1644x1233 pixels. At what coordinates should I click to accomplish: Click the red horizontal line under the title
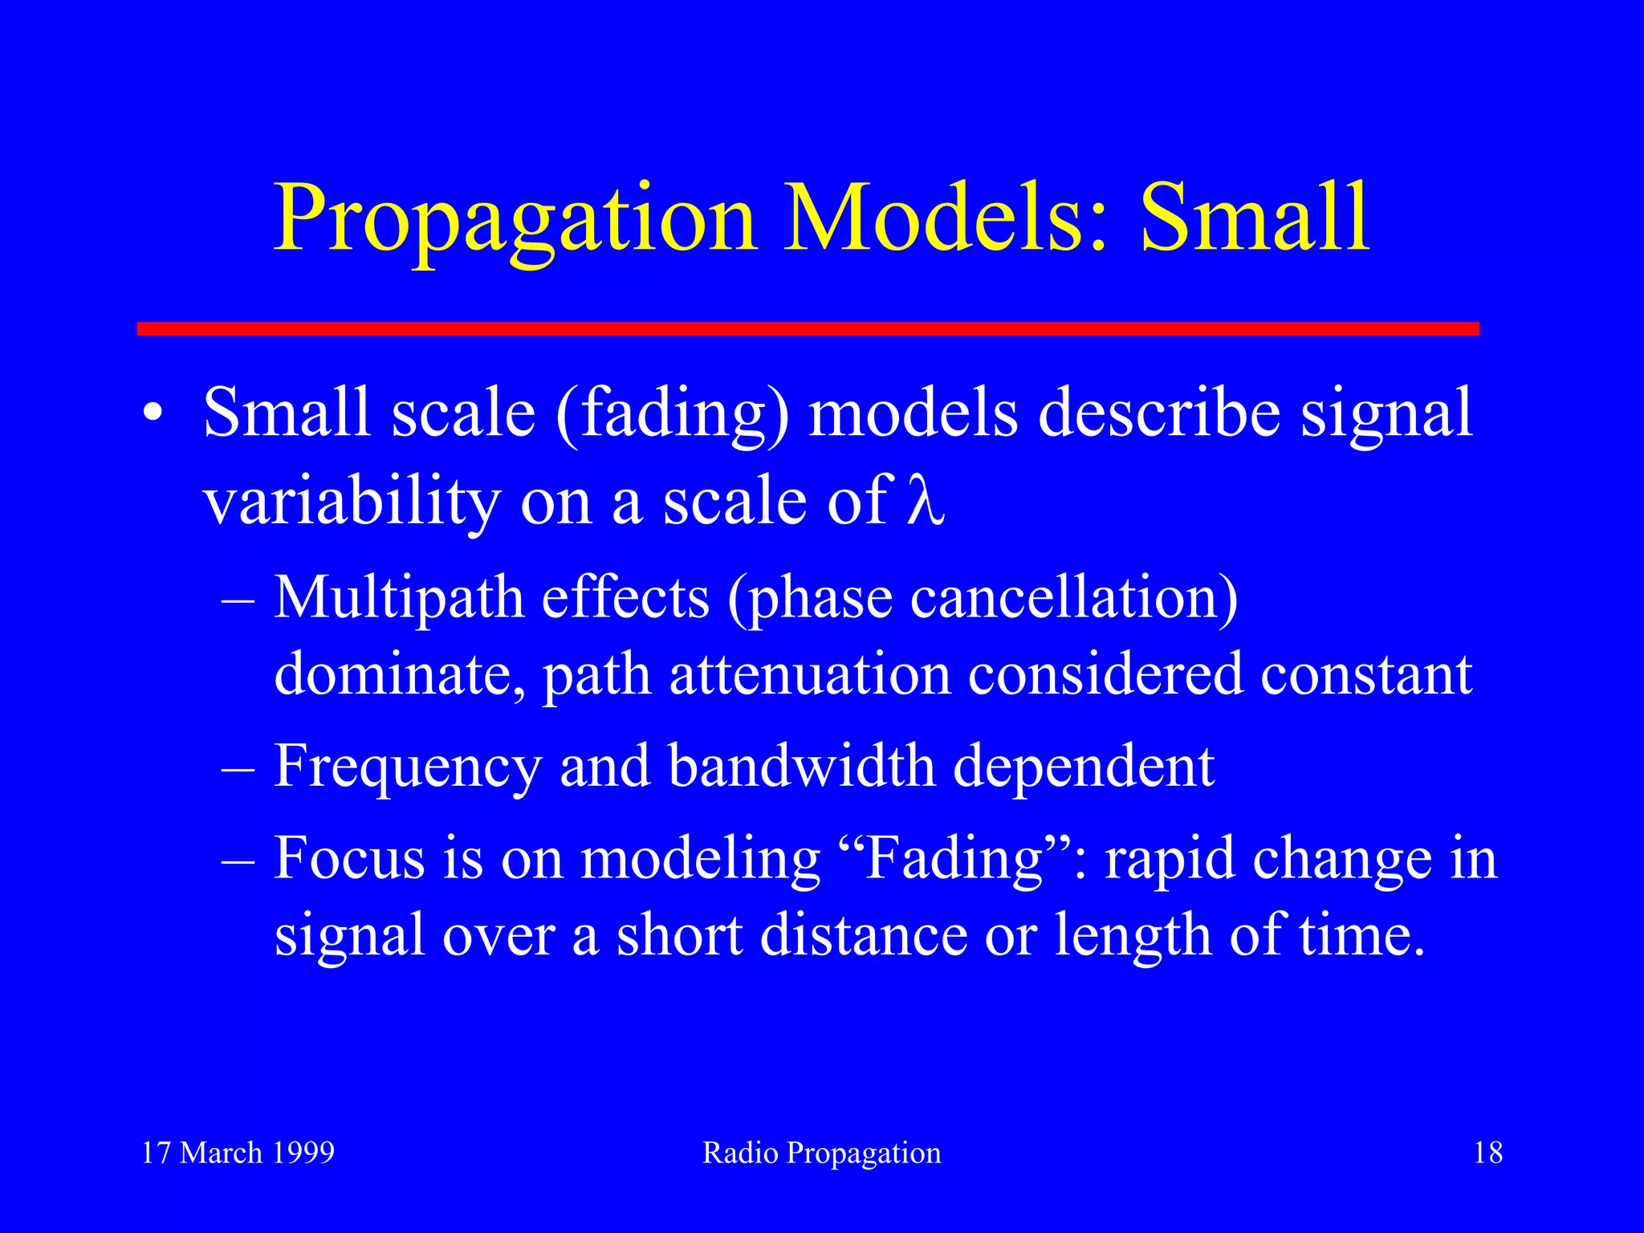click(x=808, y=328)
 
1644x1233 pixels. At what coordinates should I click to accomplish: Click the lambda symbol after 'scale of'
click(x=925, y=501)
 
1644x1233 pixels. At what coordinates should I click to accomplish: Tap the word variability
click(x=352, y=503)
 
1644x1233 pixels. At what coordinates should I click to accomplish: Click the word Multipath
click(x=398, y=599)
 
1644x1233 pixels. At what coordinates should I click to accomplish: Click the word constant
click(x=1365, y=674)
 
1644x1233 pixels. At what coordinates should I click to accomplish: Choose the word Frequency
click(x=408, y=767)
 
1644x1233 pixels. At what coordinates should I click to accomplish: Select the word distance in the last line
click(x=863, y=935)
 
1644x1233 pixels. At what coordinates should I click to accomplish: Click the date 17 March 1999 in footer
click(x=238, y=1153)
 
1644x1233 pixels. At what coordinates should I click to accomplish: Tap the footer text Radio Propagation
click(x=821, y=1153)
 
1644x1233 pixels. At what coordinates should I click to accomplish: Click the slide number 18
click(x=1487, y=1153)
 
